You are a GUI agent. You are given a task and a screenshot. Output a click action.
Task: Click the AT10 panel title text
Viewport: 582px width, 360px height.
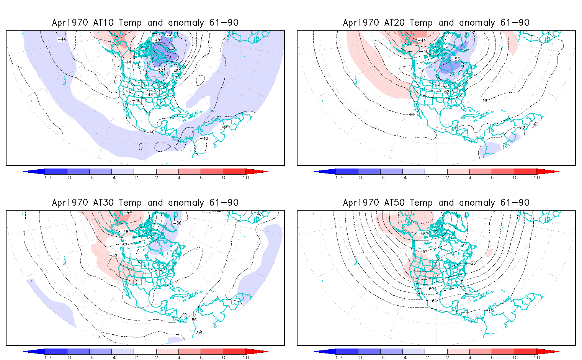click(145, 23)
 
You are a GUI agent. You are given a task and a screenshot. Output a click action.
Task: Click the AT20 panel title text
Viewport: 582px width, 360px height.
click(436, 23)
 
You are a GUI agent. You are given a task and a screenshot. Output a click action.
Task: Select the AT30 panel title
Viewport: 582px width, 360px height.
click(145, 203)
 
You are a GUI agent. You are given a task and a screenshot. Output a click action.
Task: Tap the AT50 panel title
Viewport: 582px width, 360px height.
click(436, 203)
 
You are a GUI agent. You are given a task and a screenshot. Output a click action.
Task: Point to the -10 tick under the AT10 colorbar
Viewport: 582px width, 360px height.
click(45, 177)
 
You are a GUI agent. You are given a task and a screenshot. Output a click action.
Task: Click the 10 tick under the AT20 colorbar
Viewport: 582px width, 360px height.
click(537, 177)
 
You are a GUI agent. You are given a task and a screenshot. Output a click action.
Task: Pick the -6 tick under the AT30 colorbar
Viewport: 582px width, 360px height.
click(90, 357)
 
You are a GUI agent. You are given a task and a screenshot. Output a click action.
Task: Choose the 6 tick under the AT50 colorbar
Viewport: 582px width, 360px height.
click(492, 357)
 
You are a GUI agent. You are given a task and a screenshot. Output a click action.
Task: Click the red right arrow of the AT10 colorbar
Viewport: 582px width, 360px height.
click(257, 172)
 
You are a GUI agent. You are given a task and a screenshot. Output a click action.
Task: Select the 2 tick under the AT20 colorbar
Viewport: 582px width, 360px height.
click(448, 177)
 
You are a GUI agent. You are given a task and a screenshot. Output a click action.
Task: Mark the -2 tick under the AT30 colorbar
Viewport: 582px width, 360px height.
click(134, 357)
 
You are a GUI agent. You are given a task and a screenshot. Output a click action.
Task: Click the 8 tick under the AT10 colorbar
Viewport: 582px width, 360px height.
click(223, 177)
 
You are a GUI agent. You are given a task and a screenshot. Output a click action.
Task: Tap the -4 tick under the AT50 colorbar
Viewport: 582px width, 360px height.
click(403, 357)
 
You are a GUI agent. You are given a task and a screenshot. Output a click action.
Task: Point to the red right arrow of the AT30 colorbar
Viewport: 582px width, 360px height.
click(257, 352)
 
